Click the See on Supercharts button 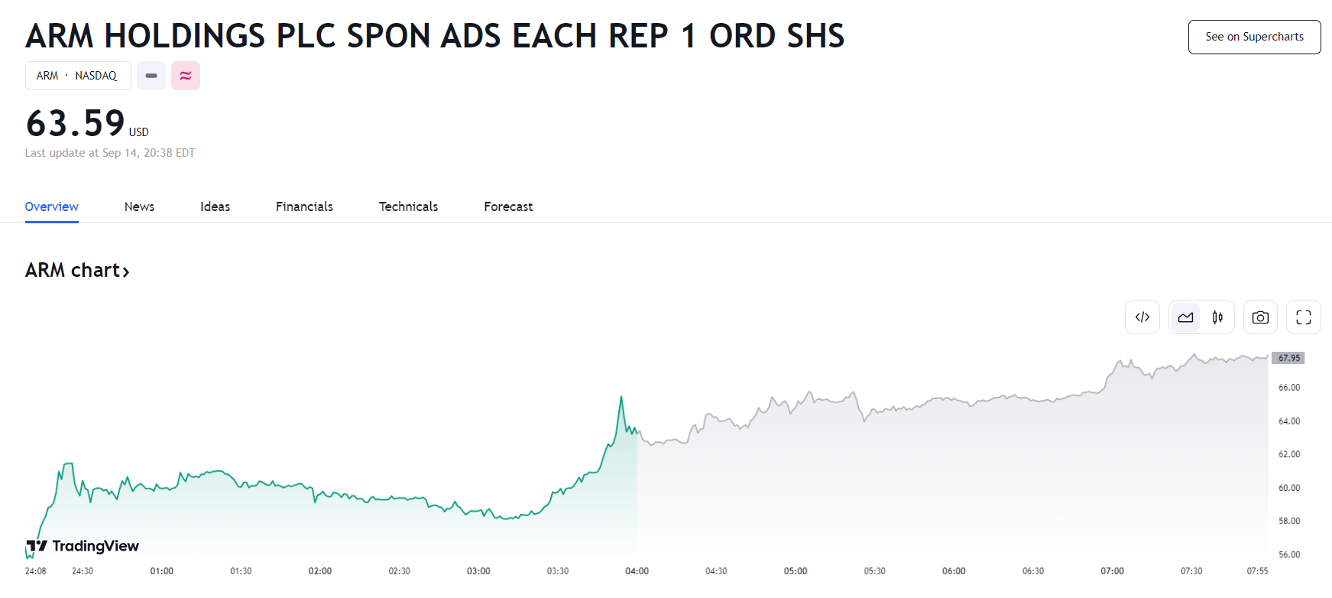coord(1254,37)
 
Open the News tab coord(139,206)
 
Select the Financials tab coord(304,206)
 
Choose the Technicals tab coord(408,206)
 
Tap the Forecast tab coord(508,206)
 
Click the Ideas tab coord(215,206)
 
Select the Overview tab coord(51,206)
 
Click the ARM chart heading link coord(77,270)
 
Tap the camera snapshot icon coord(1260,317)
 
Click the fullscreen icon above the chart coord(1304,317)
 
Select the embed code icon coord(1142,317)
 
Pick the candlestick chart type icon coord(1217,317)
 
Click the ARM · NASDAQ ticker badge coord(78,76)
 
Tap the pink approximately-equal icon coord(186,76)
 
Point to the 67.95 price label coord(1288,358)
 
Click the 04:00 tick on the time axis coord(637,571)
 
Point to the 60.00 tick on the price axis coord(1289,488)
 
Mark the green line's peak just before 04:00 coord(621,396)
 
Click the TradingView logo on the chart coord(83,546)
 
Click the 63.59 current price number coord(75,123)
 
